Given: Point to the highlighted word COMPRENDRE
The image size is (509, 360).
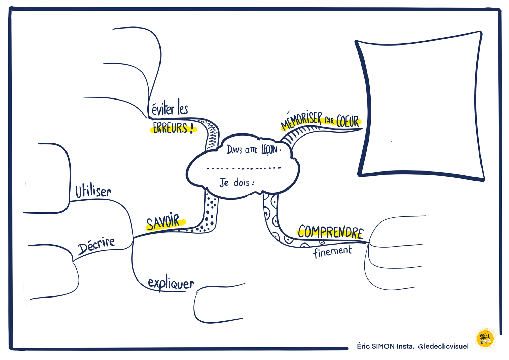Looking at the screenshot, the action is coord(331,232).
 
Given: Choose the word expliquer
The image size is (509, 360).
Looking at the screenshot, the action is coord(171,284).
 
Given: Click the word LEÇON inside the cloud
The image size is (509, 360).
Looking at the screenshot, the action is coord(269,150).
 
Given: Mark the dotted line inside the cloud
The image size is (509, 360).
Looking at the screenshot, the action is coord(244,168).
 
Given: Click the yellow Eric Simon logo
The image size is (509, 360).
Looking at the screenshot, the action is coord(485,339).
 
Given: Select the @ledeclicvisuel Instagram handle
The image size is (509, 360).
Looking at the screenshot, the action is coord(443,346).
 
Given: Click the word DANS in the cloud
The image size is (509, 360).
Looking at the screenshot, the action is coord(234,150).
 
